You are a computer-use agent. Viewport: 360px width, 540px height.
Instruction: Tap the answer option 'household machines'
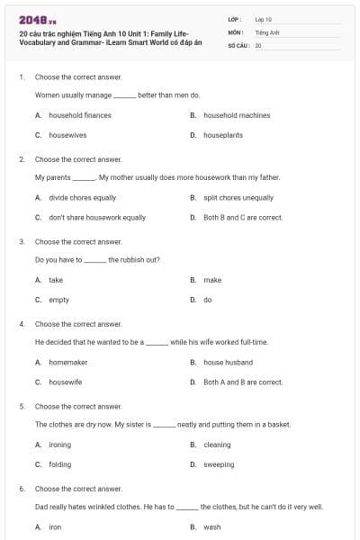pos(237,115)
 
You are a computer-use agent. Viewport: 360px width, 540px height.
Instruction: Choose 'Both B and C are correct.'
pos(243,217)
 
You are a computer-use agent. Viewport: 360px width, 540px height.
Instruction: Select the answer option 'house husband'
pos(228,362)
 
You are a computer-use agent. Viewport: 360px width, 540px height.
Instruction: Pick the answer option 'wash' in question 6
pos(211,526)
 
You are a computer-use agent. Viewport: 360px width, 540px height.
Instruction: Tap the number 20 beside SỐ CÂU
pos(258,45)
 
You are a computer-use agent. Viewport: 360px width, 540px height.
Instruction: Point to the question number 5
pos(22,406)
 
